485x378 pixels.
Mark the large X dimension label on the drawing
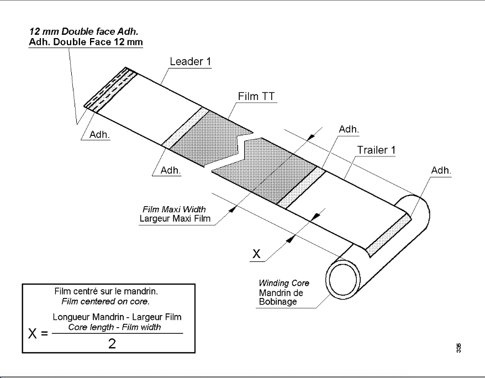coord(257,254)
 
